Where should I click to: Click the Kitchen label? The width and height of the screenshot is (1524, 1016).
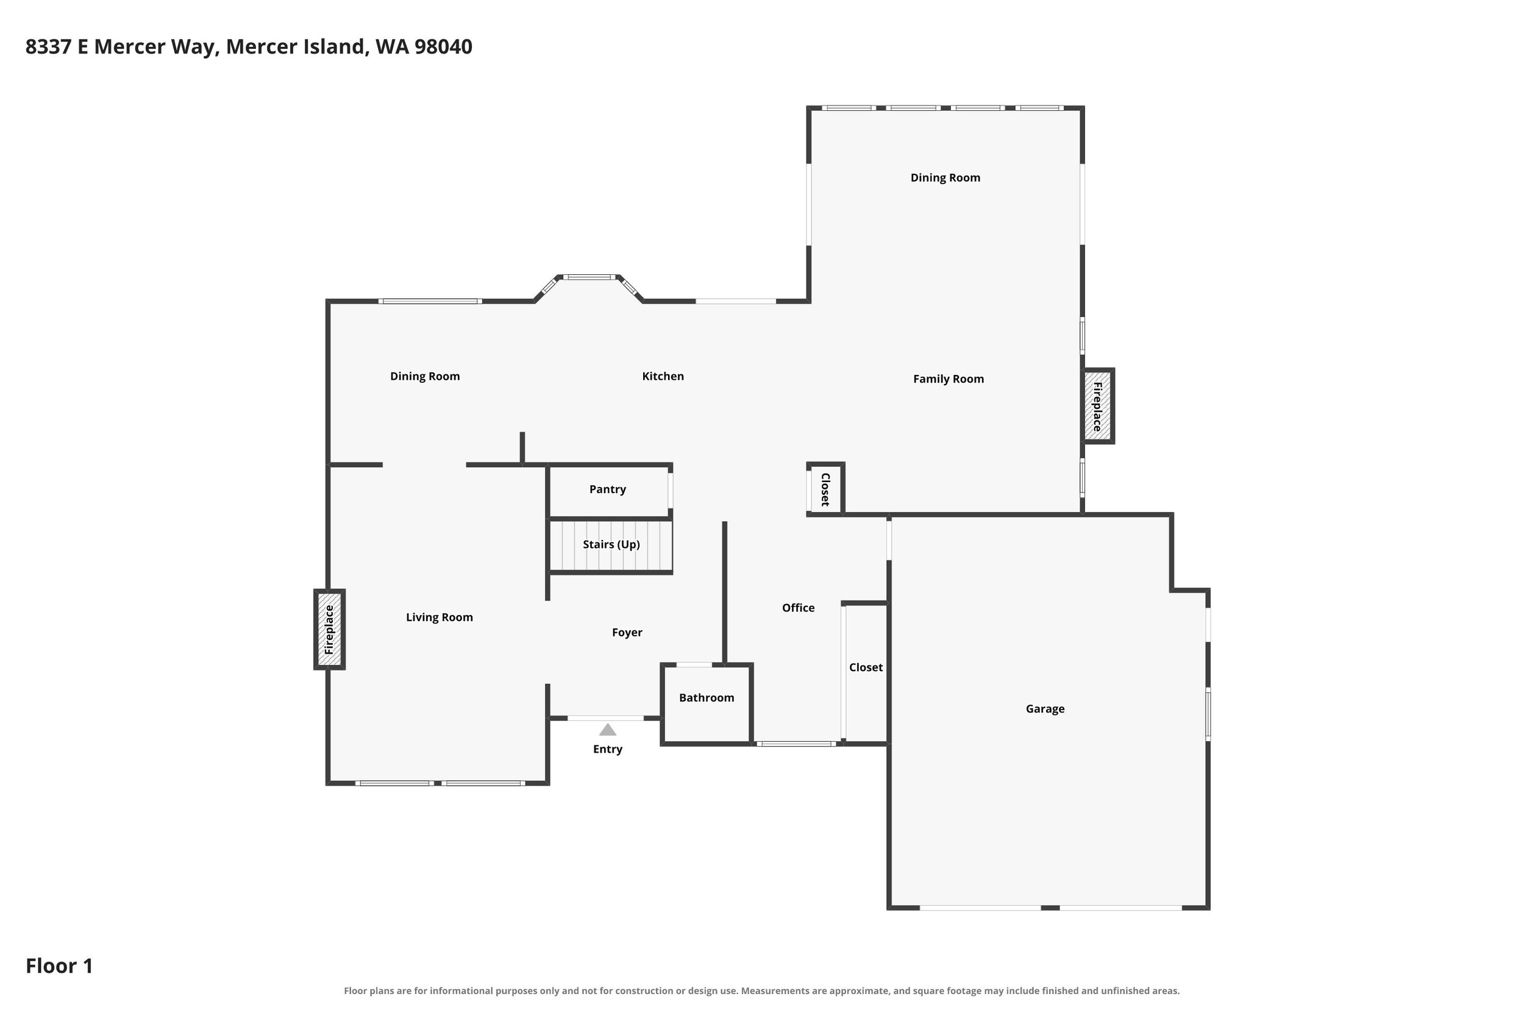pyautogui.click(x=662, y=377)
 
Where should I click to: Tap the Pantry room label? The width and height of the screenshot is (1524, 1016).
pyautogui.click(x=607, y=490)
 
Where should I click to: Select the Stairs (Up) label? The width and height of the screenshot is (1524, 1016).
pyautogui.click(x=611, y=545)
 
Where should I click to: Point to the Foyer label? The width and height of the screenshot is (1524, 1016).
pyautogui.click(x=627, y=633)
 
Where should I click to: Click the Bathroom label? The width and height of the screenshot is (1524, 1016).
pyautogui.click(x=707, y=698)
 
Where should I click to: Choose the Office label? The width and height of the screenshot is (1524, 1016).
pyautogui.click(x=797, y=608)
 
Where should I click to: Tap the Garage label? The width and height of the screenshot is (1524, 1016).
pyautogui.click(x=1044, y=709)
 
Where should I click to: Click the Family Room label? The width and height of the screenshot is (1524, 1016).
pyautogui.click(x=948, y=380)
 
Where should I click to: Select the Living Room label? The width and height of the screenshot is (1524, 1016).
pyautogui.click(x=440, y=617)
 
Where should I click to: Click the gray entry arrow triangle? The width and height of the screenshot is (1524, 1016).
pyautogui.click(x=607, y=730)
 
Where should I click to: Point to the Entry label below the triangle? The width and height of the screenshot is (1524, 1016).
pyautogui.click(x=607, y=750)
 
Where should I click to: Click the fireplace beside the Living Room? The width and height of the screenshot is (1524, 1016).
pyautogui.click(x=329, y=629)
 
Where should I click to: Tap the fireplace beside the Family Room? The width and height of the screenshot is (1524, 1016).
pyautogui.click(x=1098, y=407)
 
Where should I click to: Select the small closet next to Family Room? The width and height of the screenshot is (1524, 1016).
pyautogui.click(x=825, y=489)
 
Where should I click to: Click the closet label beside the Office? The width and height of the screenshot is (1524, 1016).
pyautogui.click(x=866, y=667)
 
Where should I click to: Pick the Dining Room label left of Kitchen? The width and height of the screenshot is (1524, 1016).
pyautogui.click(x=424, y=377)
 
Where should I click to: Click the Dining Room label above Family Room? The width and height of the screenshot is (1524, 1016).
pyautogui.click(x=945, y=178)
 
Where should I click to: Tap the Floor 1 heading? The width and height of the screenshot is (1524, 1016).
pyautogui.click(x=59, y=966)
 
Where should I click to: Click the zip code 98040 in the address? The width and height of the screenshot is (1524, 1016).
pyautogui.click(x=443, y=47)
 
